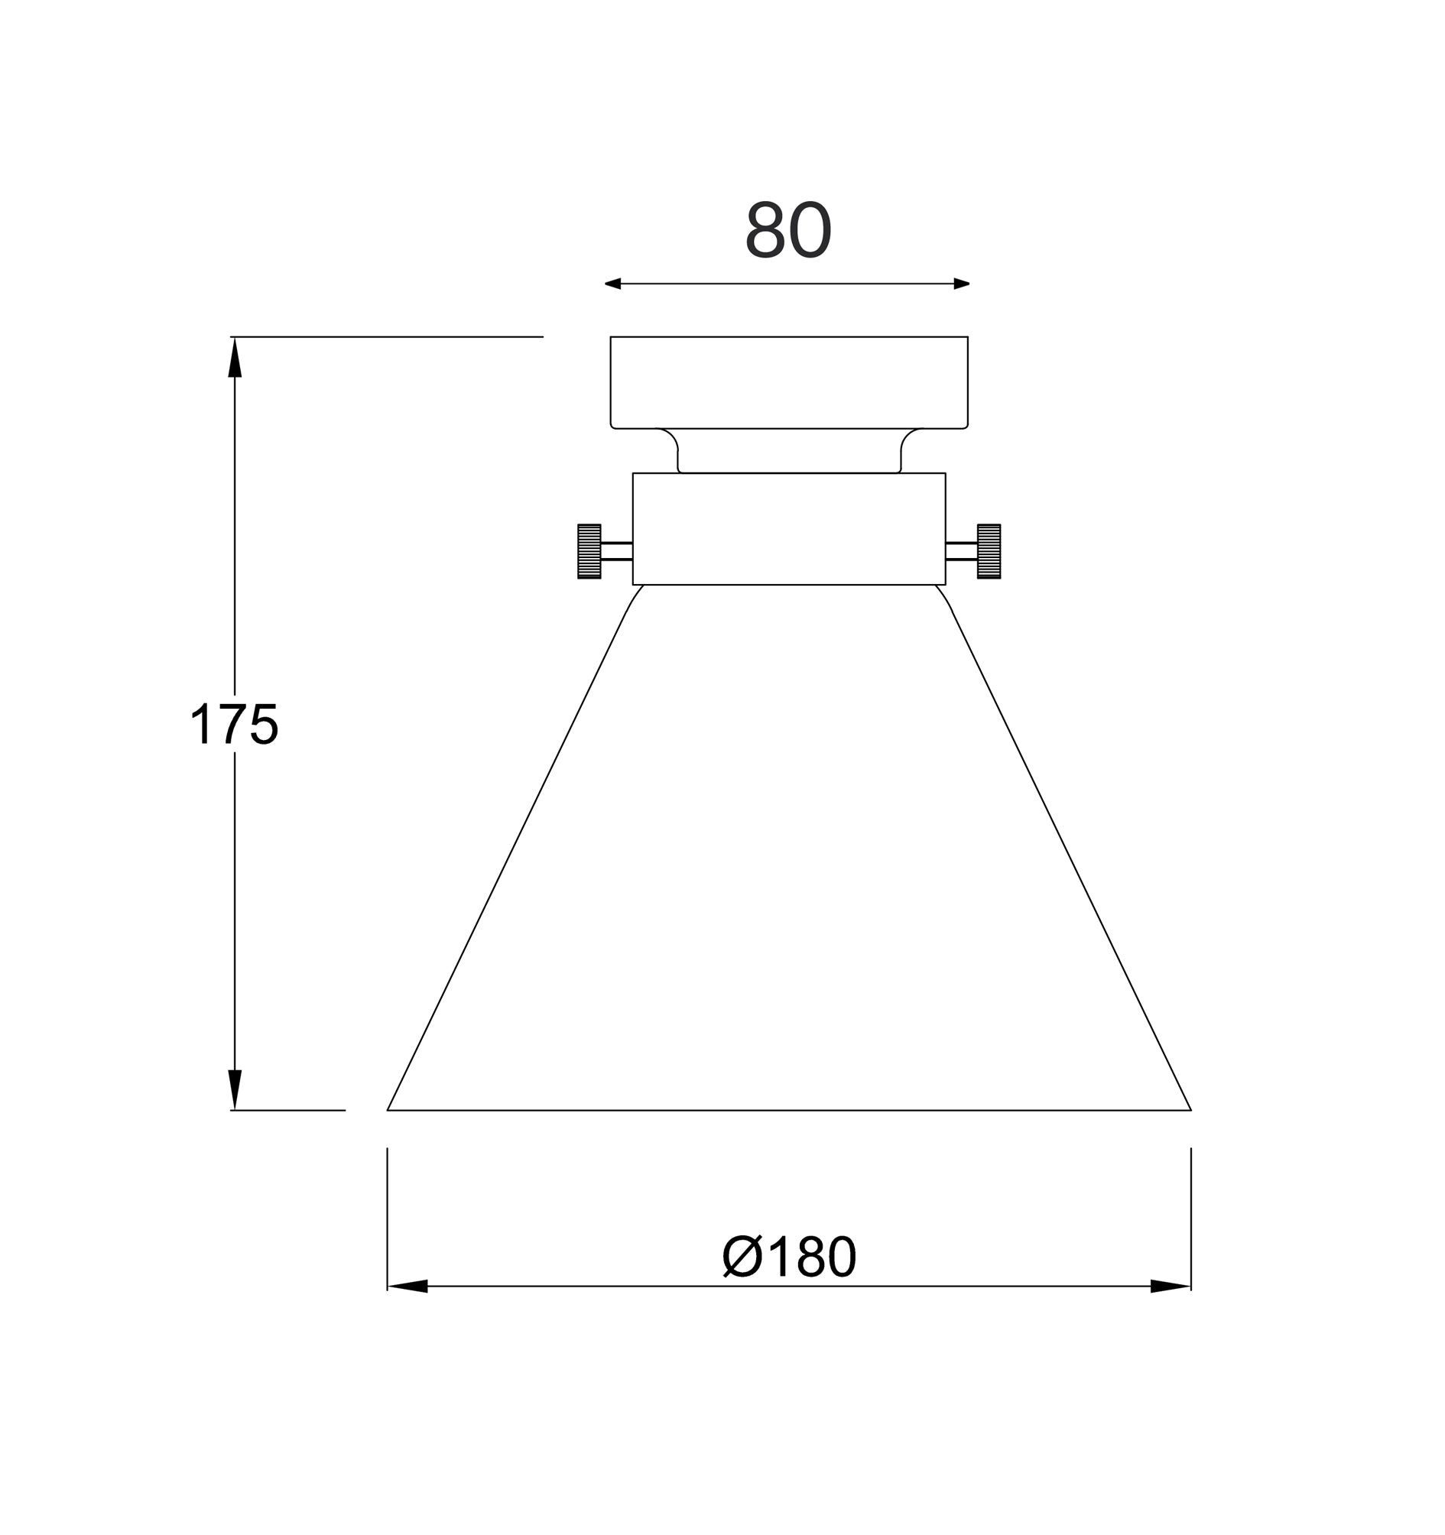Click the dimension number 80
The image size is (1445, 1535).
coord(787,229)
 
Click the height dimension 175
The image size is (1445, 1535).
coord(233,723)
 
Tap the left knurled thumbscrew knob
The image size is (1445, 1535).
coord(589,551)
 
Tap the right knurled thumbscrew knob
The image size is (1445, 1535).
coord(989,551)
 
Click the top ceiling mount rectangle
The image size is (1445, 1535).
coord(788,382)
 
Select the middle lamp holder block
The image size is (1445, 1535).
coord(788,529)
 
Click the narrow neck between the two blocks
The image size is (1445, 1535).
coord(788,451)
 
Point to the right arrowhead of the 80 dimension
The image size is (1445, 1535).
coord(962,284)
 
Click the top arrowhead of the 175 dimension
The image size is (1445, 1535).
coord(235,358)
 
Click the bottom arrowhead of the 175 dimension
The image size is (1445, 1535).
coord(235,1089)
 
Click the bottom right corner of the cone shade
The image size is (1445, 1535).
coord(1190,1109)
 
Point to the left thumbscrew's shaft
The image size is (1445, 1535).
coord(616,551)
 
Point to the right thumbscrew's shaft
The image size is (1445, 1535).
coord(961,551)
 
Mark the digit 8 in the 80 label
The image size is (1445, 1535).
coord(765,229)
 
